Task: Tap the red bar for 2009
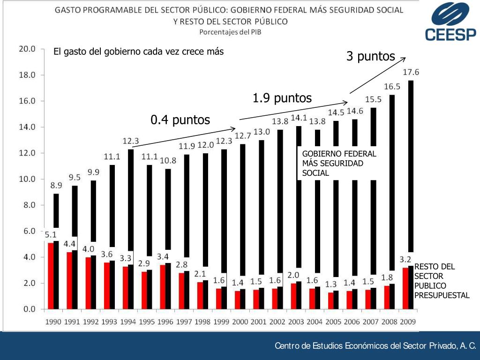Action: pos(405,288)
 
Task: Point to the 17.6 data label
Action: pos(411,72)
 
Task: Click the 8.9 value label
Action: pos(56,185)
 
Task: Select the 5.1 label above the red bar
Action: pos(51,235)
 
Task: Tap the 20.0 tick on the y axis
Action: pos(27,49)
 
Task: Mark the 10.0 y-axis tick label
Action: pos(27,179)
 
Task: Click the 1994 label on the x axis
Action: pos(128,322)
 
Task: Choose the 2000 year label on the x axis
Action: pos(240,322)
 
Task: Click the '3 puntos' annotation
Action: pos(370,57)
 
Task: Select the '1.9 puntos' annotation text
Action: pos(282,98)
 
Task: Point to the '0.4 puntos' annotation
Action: pos(180,120)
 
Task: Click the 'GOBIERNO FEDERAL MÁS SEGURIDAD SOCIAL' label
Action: pos(339,163)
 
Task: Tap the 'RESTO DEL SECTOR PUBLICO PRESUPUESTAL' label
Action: pos(442,281)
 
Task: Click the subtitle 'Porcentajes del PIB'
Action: pos(230,32)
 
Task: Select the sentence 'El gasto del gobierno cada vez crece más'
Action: pos(139,52)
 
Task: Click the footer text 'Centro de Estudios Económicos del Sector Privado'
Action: pos(375,346)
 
